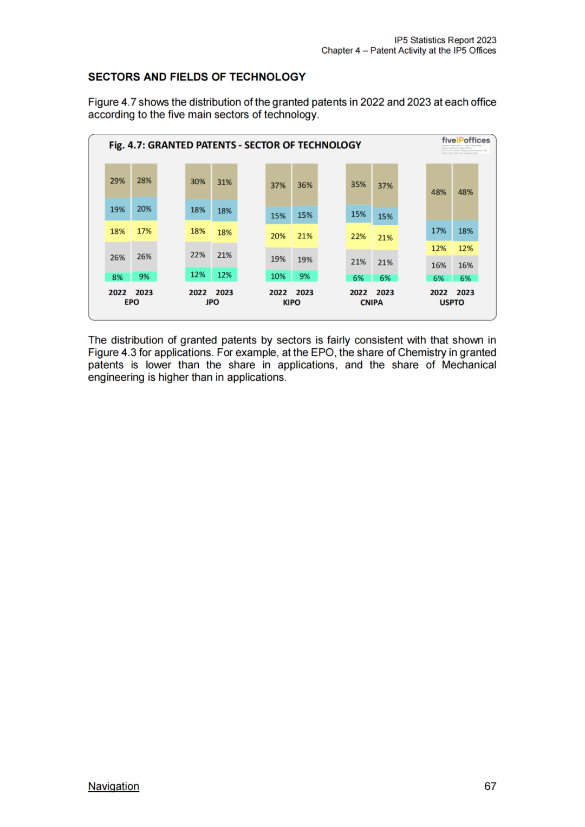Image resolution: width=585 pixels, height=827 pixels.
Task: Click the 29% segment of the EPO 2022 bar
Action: pos(118,181)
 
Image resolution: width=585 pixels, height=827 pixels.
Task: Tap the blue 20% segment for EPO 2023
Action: pos(144,209)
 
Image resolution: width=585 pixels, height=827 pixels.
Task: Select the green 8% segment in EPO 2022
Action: pos(118,277)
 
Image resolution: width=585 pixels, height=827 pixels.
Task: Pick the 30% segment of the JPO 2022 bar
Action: pos(198,182)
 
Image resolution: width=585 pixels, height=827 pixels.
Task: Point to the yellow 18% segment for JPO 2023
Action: pos(224,232)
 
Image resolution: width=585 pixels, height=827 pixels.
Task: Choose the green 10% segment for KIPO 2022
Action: pos(278,276)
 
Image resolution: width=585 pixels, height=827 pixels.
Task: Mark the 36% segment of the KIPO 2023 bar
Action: pos(305,185)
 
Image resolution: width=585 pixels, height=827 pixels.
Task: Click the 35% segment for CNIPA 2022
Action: pos(358,185)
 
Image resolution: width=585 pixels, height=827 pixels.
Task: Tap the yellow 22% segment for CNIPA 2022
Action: pos(358,237)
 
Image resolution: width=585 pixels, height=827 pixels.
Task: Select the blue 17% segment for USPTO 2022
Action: pos(439,231)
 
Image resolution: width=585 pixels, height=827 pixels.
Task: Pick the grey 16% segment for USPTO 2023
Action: pos(465,265)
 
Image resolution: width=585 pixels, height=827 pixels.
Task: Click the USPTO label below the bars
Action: pos(452,303)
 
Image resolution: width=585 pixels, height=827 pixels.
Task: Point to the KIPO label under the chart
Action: pos(291,303)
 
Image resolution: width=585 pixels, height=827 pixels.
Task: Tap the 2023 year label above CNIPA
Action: pos(385,292)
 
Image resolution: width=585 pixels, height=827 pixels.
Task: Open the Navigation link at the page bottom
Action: pos(114,786)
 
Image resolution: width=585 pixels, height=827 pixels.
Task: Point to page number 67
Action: pos(490,786)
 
